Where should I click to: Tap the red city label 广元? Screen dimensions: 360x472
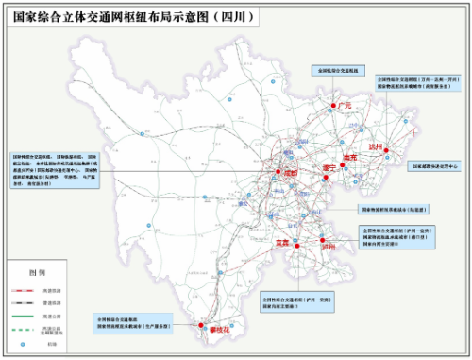(344, 106)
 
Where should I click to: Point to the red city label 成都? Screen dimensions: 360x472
(289, 174)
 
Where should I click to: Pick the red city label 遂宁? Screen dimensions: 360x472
(330, 168)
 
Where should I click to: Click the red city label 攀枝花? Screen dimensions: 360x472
(207, 330)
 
